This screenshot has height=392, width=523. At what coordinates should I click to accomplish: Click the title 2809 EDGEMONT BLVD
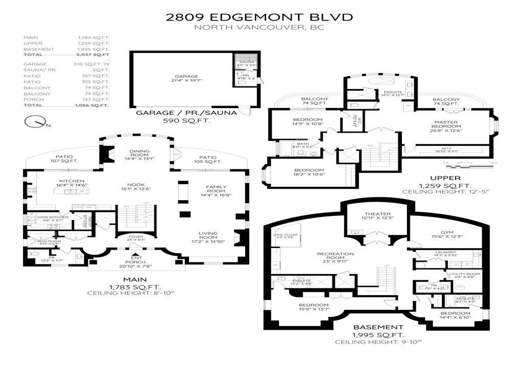point(259,17)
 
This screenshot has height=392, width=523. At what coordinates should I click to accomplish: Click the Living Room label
point(208,236)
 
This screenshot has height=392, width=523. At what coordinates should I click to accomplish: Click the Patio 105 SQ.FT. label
point(207,159)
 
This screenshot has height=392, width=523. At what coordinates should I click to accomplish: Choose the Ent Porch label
point(135,261)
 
